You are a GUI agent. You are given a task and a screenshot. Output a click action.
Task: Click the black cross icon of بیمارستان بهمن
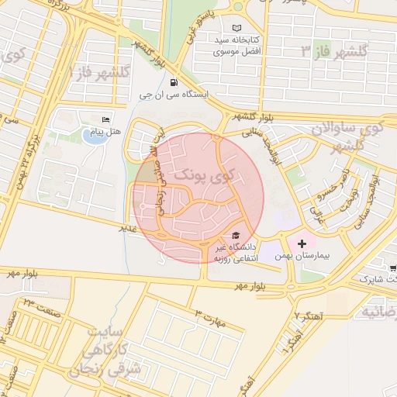coord(302,243)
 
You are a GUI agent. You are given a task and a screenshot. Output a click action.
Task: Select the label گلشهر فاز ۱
coord(99,72)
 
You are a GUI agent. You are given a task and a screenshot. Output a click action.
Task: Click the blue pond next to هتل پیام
coord(91,136)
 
